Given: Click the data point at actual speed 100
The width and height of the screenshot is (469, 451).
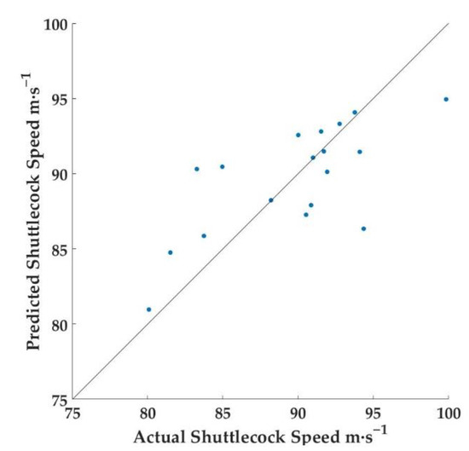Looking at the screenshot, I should [x=446, y=99].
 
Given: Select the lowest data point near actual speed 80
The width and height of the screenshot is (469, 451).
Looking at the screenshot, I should [x=148, y=309].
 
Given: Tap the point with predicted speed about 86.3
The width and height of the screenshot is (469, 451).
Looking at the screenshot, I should [x=363, y=228].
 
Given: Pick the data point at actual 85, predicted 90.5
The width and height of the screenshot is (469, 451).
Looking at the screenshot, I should [x=223, y=166].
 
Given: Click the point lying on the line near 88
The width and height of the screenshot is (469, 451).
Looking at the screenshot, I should [x=271, y=200].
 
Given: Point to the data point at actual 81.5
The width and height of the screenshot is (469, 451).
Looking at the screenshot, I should [x=171, y=252].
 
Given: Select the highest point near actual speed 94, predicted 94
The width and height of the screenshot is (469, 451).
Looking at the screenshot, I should [x=355, y=113].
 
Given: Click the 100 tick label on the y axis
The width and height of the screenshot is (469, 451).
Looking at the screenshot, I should [x=54, y=24].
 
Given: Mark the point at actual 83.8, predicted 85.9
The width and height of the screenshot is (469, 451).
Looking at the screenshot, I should [x=204, y=236].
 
